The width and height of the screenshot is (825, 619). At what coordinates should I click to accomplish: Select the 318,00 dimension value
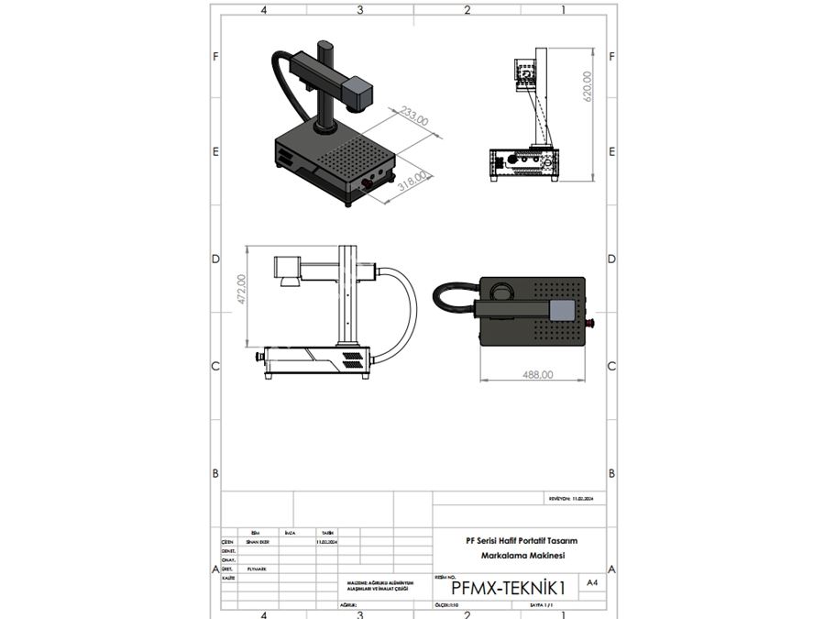[x=413, y=176]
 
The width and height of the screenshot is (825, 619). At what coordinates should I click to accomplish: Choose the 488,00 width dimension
[x=537, y=374]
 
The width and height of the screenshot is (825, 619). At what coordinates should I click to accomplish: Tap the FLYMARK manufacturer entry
[x=258, y=569]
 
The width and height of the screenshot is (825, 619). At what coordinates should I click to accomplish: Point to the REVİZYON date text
[x=571, y=499]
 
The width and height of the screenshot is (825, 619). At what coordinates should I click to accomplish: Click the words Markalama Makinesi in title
[x=522, y=556]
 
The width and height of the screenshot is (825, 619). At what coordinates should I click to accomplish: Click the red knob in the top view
[x=590, y=323]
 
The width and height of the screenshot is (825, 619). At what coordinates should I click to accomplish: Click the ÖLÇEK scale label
[x=447, y=606]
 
